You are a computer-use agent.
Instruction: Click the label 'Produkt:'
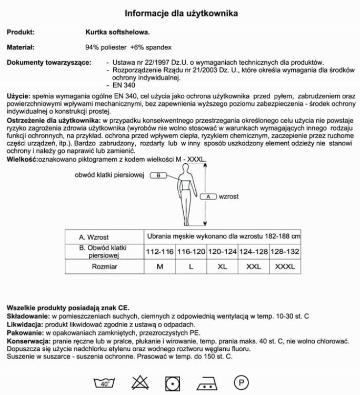point(21,32)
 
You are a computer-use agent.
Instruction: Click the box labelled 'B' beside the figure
point(158,175)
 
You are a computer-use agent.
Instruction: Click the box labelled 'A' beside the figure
point(208,196)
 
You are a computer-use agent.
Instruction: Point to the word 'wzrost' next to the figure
point(229,196)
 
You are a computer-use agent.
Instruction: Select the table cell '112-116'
point(159,252)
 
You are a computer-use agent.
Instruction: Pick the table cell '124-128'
point(254,252)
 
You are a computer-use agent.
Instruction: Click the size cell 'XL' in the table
point(222,267)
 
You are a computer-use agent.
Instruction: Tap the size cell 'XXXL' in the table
point(285,267)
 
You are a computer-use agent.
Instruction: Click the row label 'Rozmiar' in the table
point(104,267)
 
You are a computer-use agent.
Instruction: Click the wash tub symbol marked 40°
point(104,383)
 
